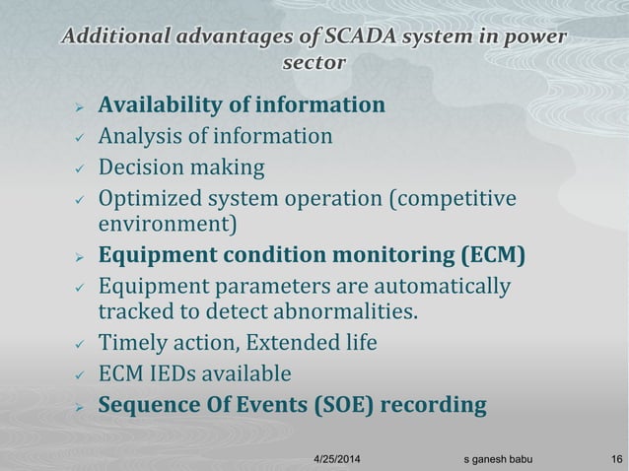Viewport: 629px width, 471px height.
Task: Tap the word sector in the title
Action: [314, 63]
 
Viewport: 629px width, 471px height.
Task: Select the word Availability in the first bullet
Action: [162, 104]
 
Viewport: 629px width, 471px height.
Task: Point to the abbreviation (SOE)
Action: [339, 405]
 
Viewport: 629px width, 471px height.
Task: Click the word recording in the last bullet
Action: [434, 405]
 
